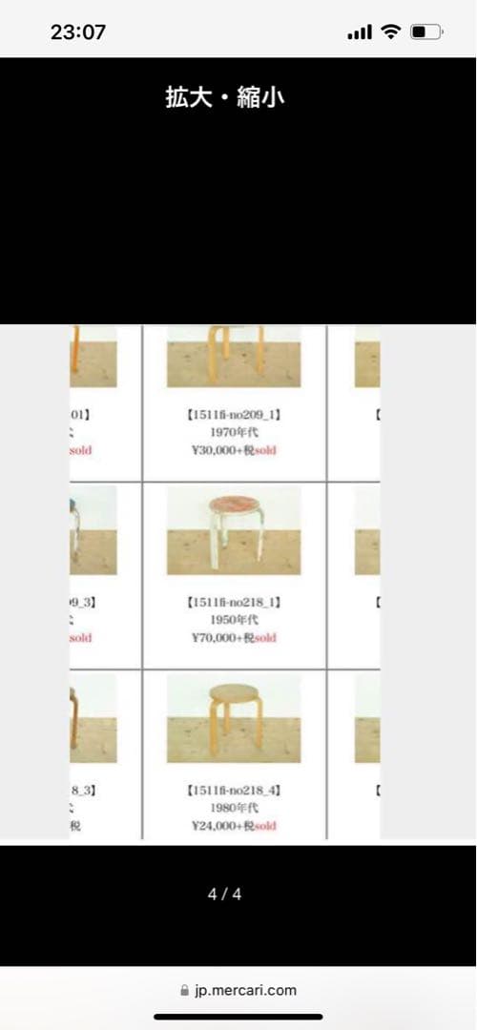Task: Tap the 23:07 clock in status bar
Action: point(78,31)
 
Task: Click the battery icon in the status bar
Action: point(425,31)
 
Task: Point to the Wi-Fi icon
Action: point(390,31)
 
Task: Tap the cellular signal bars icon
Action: point(360,32)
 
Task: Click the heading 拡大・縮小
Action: point(224,97)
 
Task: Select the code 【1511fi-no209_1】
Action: point(234,416)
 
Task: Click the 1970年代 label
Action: point(234,433)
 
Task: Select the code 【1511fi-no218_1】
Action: point(234,603)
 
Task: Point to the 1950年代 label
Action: point(234,620)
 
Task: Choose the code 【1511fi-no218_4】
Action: point(234,791)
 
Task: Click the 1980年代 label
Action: point(234,808)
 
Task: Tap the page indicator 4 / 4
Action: point(225,895)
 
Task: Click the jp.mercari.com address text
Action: point(245,990)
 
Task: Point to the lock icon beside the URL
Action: point(184,990)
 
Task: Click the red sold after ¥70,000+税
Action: point(265,637)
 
